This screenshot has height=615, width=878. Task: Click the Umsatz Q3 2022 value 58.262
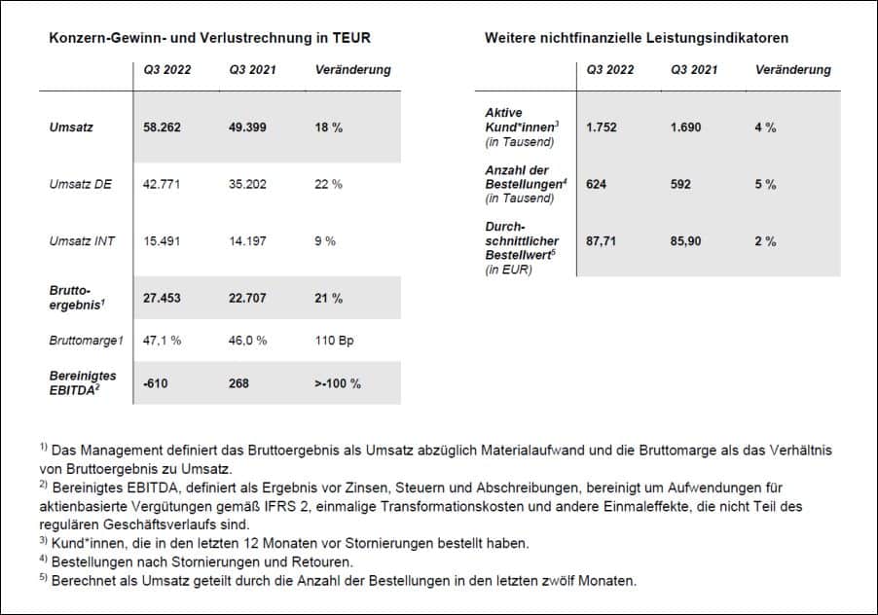coord(163,127)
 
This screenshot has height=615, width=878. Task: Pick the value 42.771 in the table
coord(162,184)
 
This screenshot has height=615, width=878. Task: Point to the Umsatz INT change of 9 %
coord(325,240)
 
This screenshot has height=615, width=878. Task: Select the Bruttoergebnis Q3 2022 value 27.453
coord(163,298)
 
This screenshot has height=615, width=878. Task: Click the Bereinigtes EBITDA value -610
coord(155,383)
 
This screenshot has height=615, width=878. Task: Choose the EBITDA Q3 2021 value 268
coord(239,383)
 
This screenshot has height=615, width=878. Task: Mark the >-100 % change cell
coord(339,383)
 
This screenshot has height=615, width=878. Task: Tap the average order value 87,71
coord(604,240)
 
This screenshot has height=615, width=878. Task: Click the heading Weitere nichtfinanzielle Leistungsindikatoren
coord(636,38)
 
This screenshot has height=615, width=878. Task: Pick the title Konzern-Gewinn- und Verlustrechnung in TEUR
coord(209,38)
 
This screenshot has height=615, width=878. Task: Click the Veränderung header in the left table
coord(353,70)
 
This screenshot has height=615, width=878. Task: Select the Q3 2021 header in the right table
coord(694,70)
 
